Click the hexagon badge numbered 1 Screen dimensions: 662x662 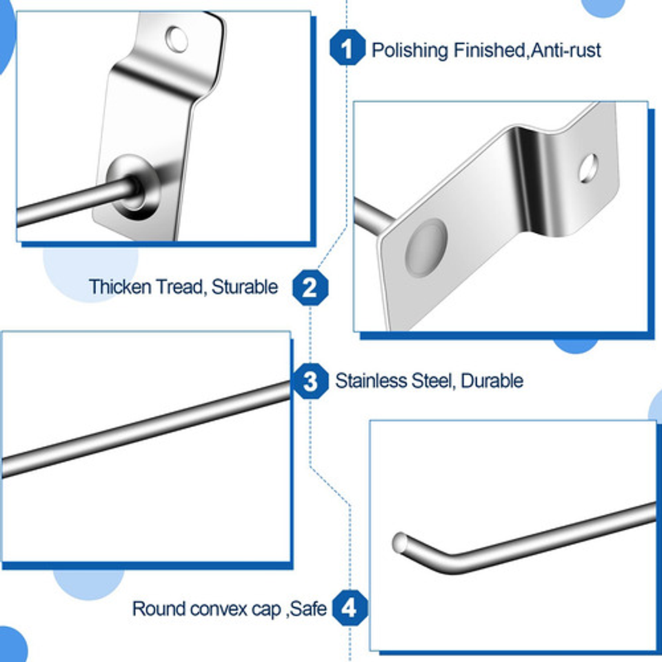[x=347, y=49]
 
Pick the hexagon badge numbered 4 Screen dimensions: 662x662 [x=349, y=608]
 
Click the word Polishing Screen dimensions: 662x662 [x=410, y=50]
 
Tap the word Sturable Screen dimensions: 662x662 [x=245, y=287]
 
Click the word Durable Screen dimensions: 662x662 [x=492, y=381]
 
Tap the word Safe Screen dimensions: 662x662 [x=308, y=609]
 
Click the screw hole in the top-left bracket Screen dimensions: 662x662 [x=177, y=39]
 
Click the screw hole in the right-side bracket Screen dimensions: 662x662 [x=588, y=168]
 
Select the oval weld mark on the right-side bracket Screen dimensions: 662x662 [x=425, y=245]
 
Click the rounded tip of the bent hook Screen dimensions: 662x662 [x=400, y=543]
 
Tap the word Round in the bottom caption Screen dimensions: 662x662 [x=159, y=609]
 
